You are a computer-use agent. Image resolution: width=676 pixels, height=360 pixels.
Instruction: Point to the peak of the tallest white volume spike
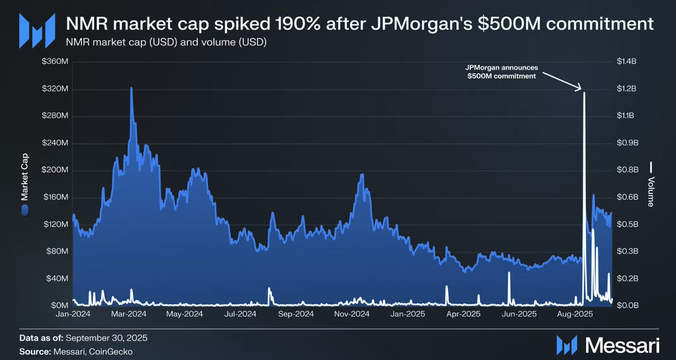(584, 92)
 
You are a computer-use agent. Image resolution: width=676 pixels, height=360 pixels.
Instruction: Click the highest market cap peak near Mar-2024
(131, 88)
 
